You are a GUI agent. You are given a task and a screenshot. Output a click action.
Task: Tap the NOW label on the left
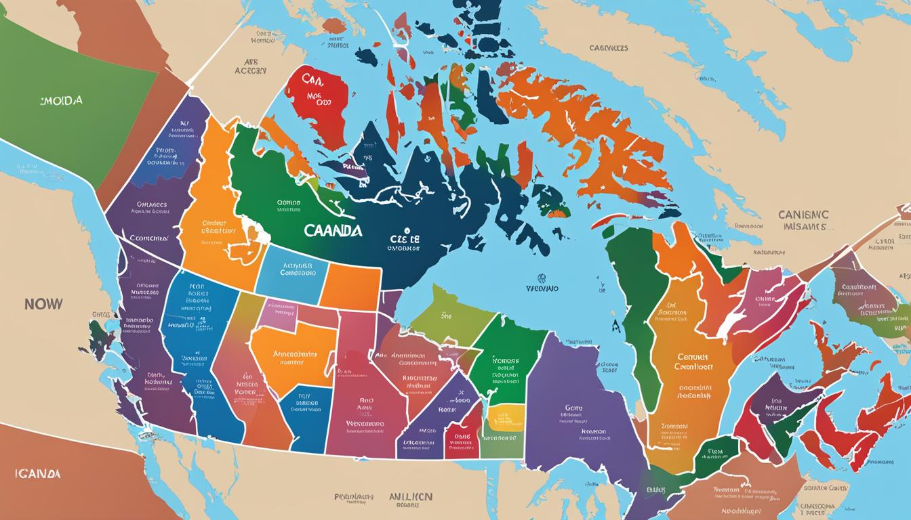tap(43, 304)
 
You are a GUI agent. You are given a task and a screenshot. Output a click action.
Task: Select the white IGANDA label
tap(37, 473)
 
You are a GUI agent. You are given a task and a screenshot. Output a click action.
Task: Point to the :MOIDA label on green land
tap(61, 100)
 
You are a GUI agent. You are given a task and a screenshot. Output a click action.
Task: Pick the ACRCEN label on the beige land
tap(251, 70)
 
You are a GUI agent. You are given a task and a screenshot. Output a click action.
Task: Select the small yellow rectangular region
tap(506, 418)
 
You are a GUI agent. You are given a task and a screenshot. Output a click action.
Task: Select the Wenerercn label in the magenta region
tap(365, 423)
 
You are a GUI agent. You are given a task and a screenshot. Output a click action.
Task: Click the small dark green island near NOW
tap(102, 333)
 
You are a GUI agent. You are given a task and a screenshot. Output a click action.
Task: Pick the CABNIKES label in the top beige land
tap(608, 48)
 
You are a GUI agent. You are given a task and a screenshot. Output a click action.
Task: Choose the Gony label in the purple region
tap(573, 408)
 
